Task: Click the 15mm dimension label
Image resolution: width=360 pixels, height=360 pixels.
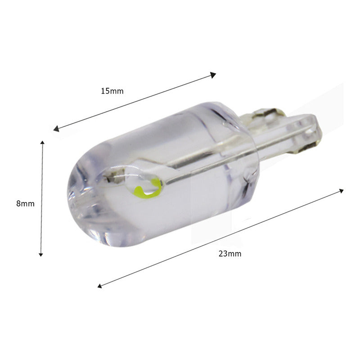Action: click(x=112, y=91)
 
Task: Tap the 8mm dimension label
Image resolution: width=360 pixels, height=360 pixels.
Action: click(x=25, y=203)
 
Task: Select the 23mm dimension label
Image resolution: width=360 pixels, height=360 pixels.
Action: click(x=230, y=254)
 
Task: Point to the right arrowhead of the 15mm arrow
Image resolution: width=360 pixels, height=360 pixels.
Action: click(x=213, y=75)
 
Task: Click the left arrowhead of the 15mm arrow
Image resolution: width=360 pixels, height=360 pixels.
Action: click(x=56, y=129)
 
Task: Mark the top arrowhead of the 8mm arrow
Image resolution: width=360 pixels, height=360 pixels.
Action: click(x=42, y=143)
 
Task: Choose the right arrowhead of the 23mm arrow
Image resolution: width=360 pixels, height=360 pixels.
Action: click(x=341, y=191)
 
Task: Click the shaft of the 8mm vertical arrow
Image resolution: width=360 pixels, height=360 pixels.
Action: click(x=41, y=198)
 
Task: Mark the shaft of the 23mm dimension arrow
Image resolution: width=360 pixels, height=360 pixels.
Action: click(x=220, y=238)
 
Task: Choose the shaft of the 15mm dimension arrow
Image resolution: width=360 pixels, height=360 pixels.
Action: click(x=135, y=102)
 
